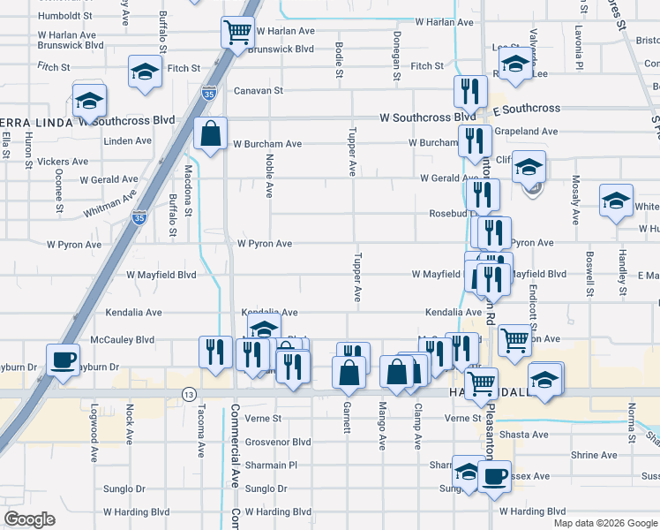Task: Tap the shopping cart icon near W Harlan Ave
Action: coord(237,33)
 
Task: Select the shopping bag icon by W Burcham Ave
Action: coord(211,135)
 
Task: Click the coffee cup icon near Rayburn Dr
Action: coord(62,360)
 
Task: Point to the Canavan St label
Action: coord(258,90)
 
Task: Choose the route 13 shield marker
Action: coord(188,393)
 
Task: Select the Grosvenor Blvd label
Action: coord(278,442)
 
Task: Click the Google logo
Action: coord(29,519)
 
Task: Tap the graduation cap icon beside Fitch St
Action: coord(145,72)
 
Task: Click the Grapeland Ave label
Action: coord(527,132)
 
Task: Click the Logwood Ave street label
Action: coord(94,434)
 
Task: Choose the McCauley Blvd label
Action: coord(123,339)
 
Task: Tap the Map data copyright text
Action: coord(605,523)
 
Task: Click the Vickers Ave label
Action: coord(64,162)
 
